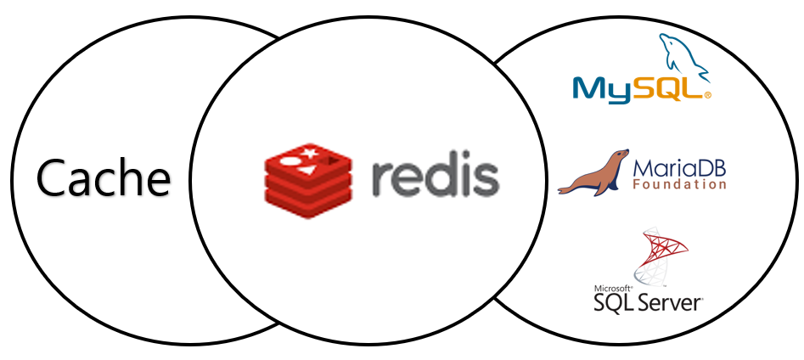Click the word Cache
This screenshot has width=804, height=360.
click(103, 178)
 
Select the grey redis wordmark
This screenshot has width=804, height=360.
click(435, 177)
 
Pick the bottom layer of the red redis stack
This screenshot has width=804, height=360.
click(308, 198)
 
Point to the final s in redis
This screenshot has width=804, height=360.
click(486, 179)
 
